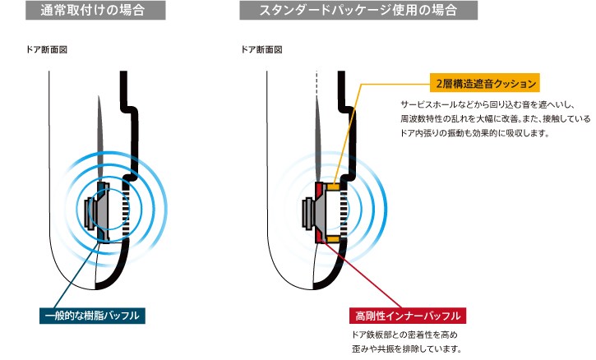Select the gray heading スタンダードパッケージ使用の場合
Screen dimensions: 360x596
360,12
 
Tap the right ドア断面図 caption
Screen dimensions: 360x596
261,49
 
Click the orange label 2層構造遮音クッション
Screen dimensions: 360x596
485,82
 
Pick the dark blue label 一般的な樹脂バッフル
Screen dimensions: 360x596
93,316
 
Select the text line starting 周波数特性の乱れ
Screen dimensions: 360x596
494,118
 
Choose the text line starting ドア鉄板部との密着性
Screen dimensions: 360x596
403,335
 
